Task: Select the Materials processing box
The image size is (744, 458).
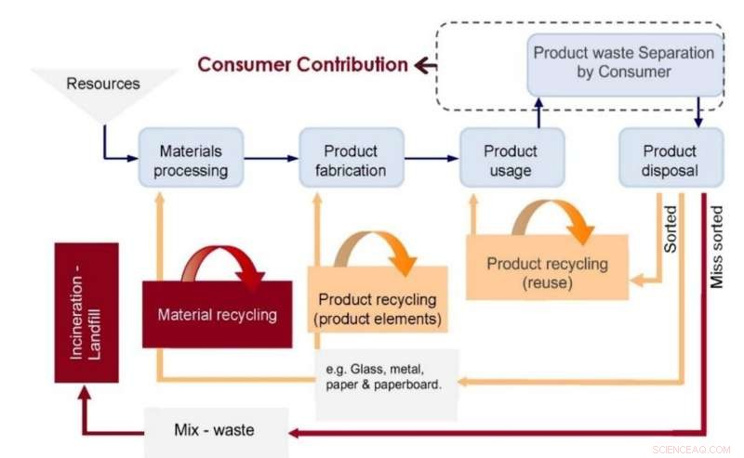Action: click(193, 160)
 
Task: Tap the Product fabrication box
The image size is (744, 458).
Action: click(351, 160)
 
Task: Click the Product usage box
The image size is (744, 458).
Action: click(511, 160)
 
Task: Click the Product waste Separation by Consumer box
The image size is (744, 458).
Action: click(625, 62)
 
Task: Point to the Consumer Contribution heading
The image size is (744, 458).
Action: click(303, 65)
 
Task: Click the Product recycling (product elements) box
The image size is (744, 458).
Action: click(377, 308)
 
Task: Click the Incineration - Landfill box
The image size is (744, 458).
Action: click(86, 312)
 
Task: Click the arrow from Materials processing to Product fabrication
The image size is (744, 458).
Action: click(271, 158)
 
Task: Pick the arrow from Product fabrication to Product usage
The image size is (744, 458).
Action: click(431, 158)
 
